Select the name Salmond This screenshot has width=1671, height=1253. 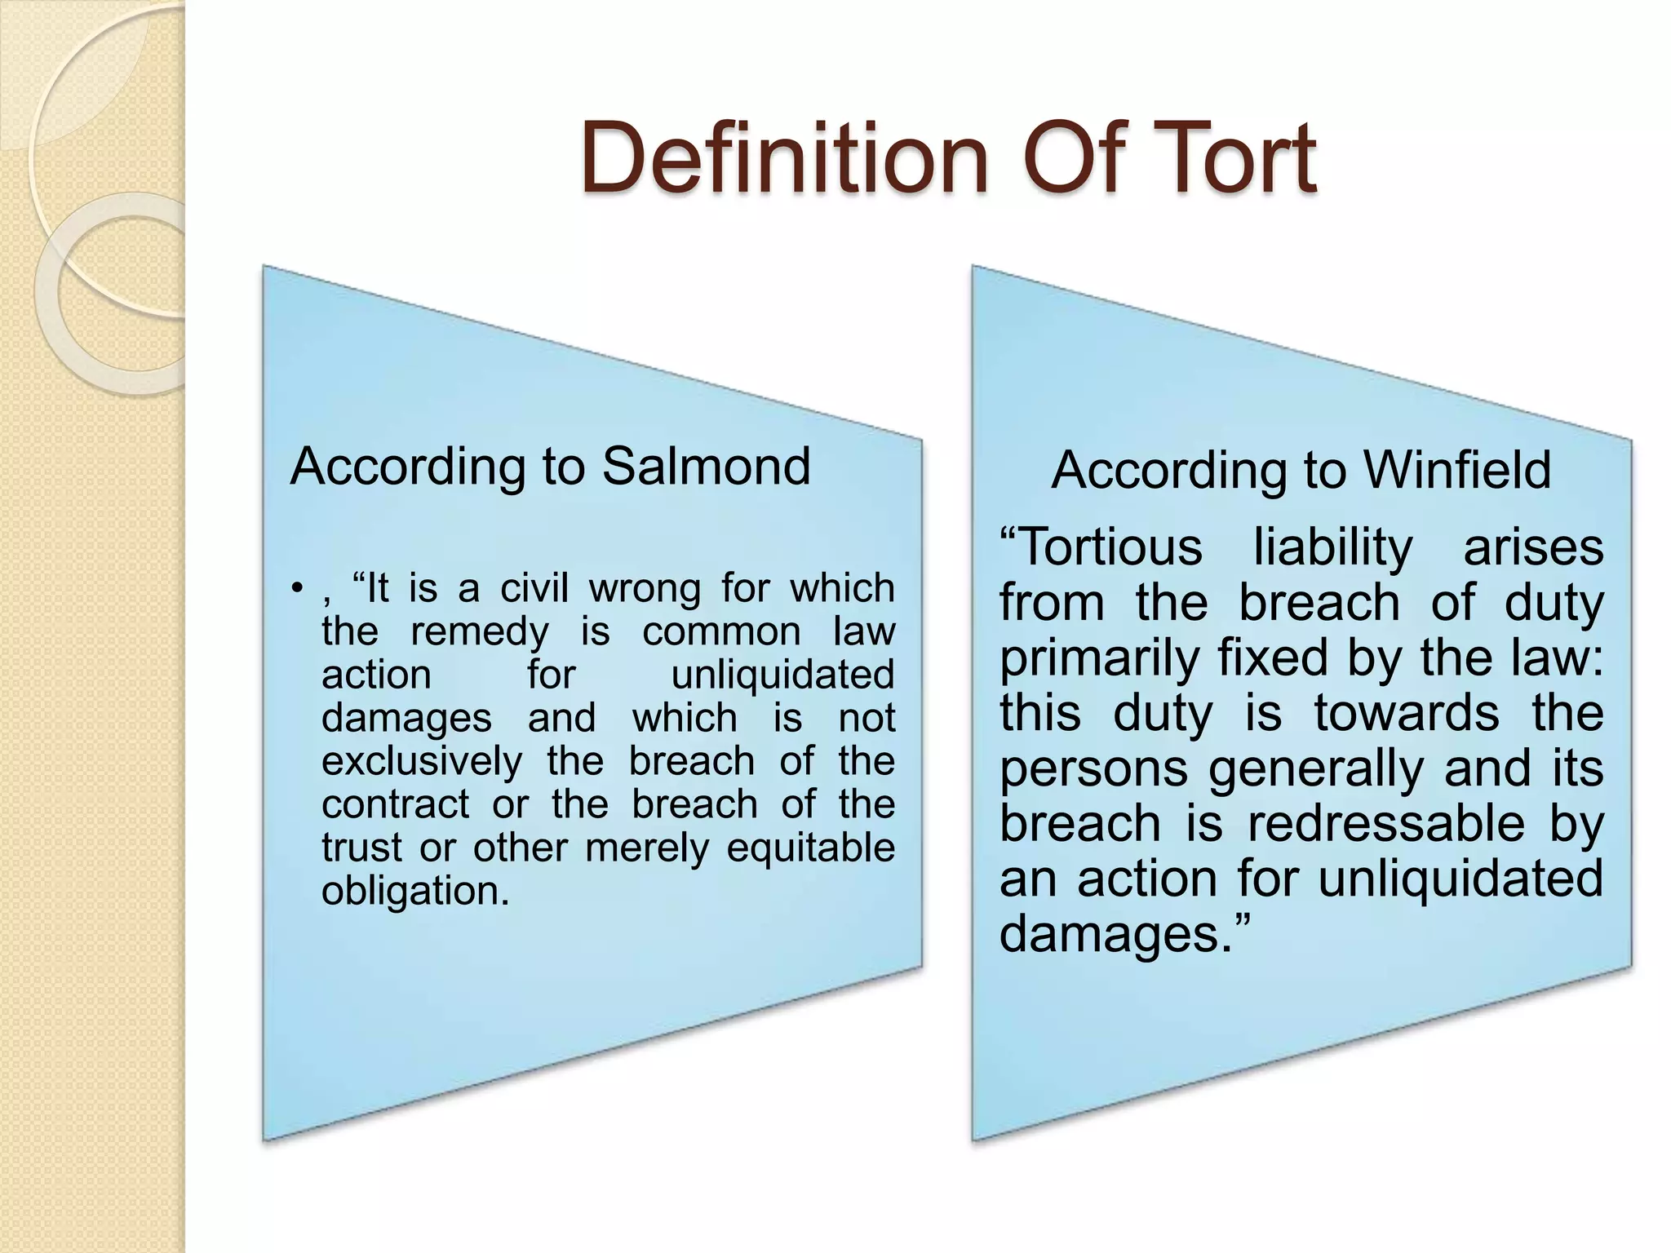tap(706, 467)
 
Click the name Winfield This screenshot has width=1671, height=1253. tap(1457, 471)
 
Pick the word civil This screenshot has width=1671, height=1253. tap(534, 588)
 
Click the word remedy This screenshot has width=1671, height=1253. tap(480, 631)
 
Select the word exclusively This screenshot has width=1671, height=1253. tap(421, 761)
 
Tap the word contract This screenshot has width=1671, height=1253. tap(395, 804)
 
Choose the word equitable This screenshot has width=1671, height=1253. tap(810, 848)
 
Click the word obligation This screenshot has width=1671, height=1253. tap(414, 890)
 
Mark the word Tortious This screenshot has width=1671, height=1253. tap(1101, 547)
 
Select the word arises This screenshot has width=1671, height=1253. tap(1533, 547)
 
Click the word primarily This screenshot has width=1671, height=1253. tap(1099, 658)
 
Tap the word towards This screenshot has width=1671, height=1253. tap(1406, 713)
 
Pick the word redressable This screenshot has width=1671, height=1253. tap(1385, 823)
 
